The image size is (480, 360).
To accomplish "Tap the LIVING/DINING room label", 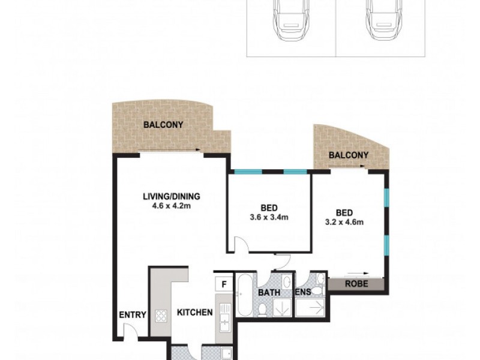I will click(x=171, y=196).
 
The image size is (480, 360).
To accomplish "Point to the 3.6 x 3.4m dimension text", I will click(x=269, y=217).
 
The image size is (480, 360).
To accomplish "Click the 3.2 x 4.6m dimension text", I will click(x=344, y=222).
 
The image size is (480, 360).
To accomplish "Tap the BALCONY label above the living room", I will click(x=163, y=125).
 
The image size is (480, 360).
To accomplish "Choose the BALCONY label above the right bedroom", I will click(x=349, y=155).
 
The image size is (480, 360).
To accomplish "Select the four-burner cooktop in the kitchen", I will click(x=162, y=316).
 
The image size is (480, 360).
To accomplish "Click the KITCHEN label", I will click(x=194, y=313).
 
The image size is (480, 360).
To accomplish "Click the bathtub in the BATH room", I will click(x=245, y=297).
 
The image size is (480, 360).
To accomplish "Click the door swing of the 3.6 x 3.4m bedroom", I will click(x=240, y=244).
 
